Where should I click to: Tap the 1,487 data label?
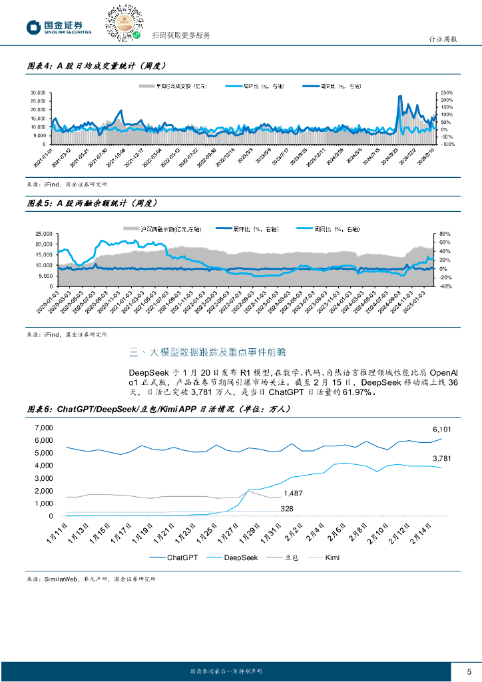(293, 494)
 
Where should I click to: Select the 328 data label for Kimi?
(287, 509)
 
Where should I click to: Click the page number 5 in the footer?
(469, 670)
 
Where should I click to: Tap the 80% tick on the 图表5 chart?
(445, 234)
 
